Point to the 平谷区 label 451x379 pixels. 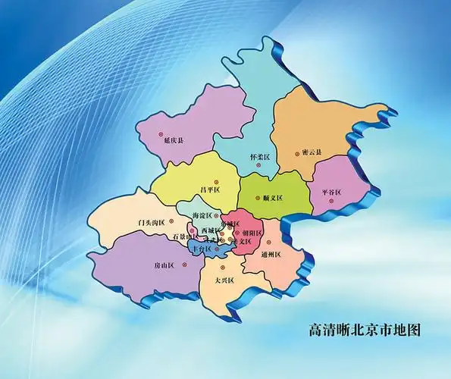click(x=332, y=192)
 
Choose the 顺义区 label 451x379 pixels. click(x=272, y=198)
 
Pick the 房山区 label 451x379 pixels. click(x=164, y=265)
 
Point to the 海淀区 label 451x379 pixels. click(x=204, y=217)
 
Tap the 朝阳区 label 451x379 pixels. click(x=252, y=233)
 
